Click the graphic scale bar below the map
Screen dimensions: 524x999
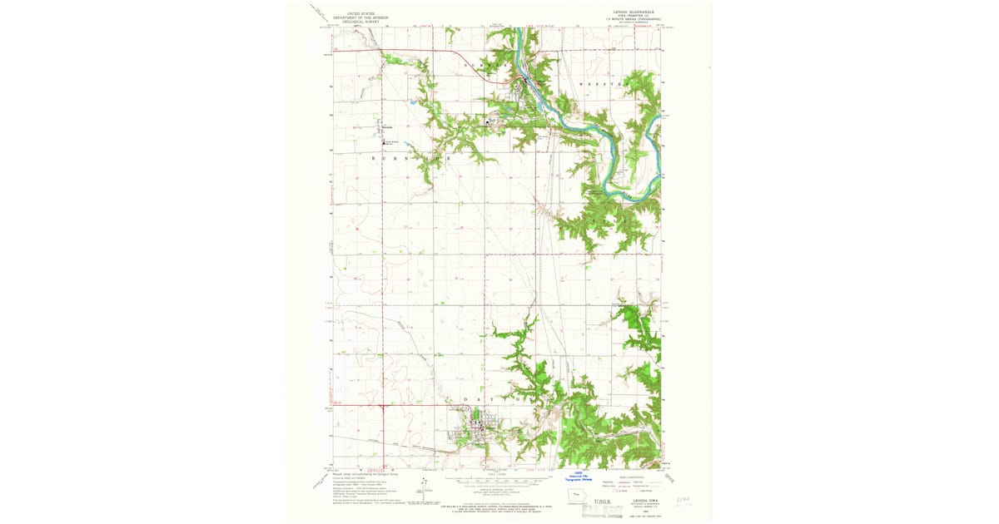499,480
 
